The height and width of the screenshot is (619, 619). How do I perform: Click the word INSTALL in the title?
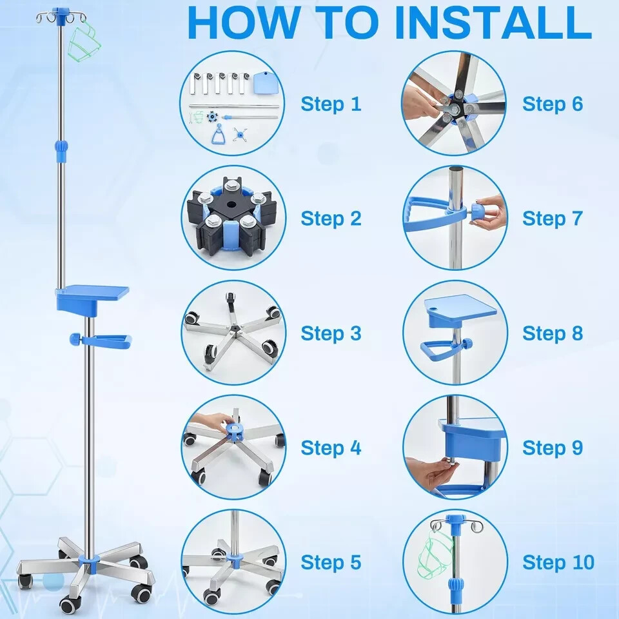(x=493, y=23)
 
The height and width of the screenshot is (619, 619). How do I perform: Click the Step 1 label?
(x=331, y=104)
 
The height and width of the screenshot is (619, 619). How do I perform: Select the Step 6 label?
(x=553, y=104)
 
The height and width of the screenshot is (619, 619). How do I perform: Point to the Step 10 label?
(x=558, y=562)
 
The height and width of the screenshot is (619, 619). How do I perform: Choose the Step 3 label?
(x=331, y=333)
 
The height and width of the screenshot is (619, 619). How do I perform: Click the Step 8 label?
(x=553, y=333)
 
